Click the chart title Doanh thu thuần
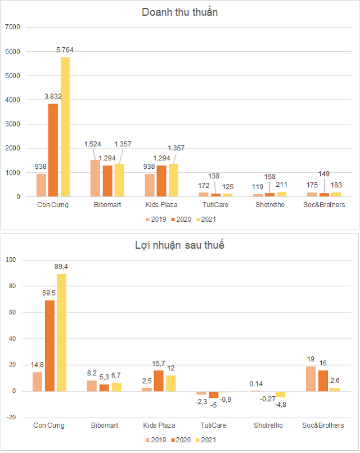pos(179,12)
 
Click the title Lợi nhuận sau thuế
pos(179,245)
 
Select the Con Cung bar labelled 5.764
pos(65,127)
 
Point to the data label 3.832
pos(53,96)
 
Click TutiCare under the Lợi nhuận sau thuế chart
pos(216,425)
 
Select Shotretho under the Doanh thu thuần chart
pos(269,205)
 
